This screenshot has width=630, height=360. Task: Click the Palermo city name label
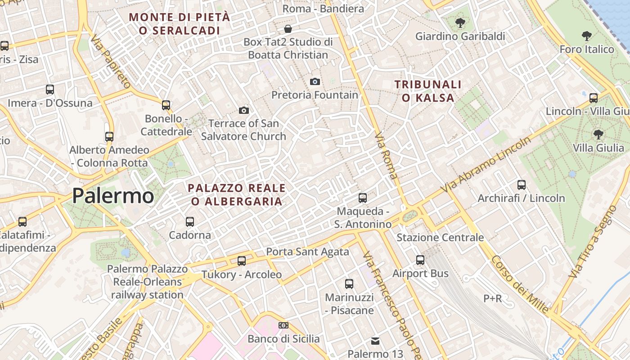(x=113, y=196)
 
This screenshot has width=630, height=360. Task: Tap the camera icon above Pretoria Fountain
(x=315, y=81)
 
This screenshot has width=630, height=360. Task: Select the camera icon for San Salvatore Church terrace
(x=243, y=110)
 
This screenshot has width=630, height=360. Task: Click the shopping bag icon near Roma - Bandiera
(x=288, y=29)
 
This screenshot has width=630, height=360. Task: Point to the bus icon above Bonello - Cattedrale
(x=166, y=105)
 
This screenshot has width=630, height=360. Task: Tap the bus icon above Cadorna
(x=190, y=221)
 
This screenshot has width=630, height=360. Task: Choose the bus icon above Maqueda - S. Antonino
(x=362, y=198)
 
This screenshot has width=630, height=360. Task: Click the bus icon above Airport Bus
(x=420, y=260)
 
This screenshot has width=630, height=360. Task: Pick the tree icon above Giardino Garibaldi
(x=460, y=22)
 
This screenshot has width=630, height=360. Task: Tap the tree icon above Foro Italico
(x=586, y=36)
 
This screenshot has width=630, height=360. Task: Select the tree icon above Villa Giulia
(x=598, y=134)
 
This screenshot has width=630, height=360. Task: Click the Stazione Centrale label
(x=440, y=237)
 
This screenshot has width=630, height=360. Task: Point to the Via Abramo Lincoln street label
(x=486, y=165)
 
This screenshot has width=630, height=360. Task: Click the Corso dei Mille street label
(x=520, y=284)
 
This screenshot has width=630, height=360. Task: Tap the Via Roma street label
(x=386, y=155)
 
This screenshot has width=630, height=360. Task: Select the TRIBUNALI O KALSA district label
(x=428, y=90)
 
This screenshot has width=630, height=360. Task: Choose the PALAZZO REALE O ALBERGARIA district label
(x=237, y=194)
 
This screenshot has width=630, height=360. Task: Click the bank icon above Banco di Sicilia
(x=283, y=325)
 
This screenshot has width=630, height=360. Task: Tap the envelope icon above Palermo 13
(x=375, y=341)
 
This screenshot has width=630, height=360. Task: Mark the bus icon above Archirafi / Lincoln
(x=522, y=184)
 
